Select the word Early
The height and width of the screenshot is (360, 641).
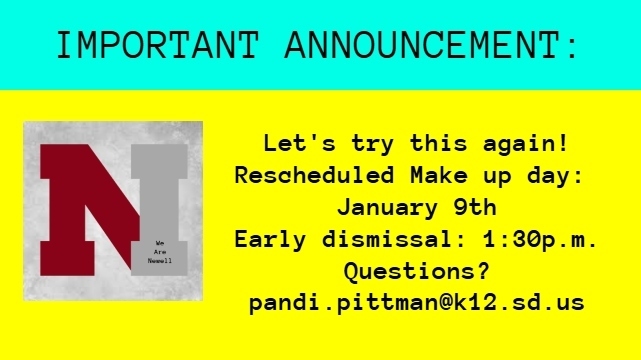pyautogui.click(x=270, y=240)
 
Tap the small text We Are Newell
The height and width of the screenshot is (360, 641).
pyautogui.click(x=159, y=250)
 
